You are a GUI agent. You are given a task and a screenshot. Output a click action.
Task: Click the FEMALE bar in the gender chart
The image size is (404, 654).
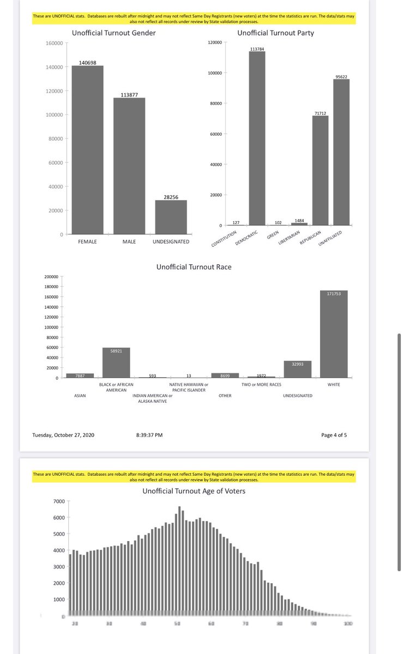(87, 150)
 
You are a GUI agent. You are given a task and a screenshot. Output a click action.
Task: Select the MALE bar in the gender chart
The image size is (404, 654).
(129, 166)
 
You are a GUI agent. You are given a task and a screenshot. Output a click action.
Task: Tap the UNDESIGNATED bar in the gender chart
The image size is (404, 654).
(171, 217)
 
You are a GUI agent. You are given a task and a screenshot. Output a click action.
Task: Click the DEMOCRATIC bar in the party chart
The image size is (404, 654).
(257, 139)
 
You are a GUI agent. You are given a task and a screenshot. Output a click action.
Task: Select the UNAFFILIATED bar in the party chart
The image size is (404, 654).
(341, 153)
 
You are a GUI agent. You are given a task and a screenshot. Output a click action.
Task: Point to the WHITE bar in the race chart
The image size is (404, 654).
(334, 334)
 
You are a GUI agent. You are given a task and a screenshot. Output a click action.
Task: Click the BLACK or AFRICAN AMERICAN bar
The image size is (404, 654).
(116, 363)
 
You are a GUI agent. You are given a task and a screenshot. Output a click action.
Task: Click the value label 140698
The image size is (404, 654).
(87, 63)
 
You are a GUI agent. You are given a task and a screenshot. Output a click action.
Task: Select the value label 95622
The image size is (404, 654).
(342, 77)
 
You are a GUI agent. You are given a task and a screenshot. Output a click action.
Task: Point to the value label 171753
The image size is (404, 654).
(334, 294)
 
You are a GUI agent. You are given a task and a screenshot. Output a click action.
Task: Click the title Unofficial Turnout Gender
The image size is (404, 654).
(113, 33)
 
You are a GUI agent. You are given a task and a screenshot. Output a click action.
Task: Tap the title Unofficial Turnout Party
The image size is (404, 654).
(275, 33)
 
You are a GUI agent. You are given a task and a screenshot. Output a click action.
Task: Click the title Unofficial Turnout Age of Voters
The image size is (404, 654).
(194, 491)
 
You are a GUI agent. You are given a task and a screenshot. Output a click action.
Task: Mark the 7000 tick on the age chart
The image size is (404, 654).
(58, 501)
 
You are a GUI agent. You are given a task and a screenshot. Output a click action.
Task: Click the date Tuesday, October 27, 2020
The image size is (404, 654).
(63, 435)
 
